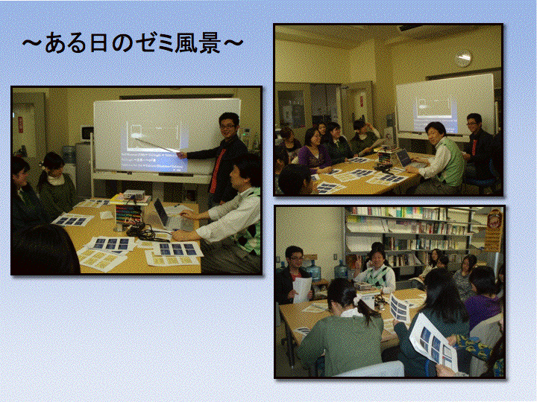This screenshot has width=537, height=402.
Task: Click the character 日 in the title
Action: (99, 42)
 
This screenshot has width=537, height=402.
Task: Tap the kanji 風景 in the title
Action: (198, 42)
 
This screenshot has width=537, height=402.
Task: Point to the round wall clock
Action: (463, 59)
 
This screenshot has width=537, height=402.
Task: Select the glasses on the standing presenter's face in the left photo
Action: (227, 126)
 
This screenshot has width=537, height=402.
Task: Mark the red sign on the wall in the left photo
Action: (21, 124)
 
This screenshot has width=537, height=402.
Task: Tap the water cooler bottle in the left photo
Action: (69, 154)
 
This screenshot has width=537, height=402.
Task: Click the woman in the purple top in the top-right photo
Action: (313, 150)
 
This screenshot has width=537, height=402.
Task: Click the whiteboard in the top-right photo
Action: (445, 106)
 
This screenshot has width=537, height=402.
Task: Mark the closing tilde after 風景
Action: (233, 43)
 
